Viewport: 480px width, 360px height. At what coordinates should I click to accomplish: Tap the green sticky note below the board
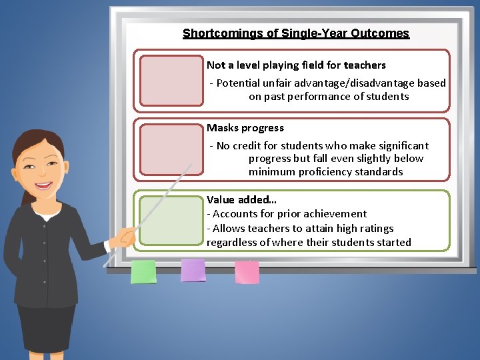click(143, 271)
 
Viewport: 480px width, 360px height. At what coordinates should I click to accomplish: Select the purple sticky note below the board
click(193, 270)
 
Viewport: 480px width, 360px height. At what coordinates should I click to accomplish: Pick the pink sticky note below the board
click(247, 271)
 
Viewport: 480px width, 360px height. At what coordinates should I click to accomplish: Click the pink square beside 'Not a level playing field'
click(171, 80)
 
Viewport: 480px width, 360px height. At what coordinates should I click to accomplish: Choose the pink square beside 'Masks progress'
click(171, 150)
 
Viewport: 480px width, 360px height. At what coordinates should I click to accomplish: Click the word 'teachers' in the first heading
click(365, 65)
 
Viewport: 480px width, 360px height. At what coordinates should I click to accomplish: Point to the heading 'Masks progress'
click(245, 128)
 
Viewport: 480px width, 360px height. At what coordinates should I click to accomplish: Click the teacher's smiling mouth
click(45, 186)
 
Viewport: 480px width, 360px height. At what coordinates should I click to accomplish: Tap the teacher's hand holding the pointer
click(124, 235)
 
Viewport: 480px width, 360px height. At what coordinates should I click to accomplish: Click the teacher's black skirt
click(45, 330)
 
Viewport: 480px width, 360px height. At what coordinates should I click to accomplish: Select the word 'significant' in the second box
click(401, 146)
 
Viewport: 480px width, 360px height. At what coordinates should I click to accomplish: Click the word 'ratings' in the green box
click(377, 229)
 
